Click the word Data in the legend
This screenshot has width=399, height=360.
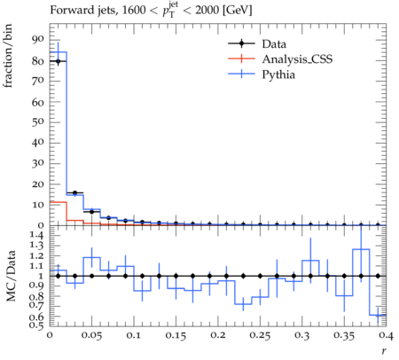pos(274,44)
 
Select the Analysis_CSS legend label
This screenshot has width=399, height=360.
pos(297,59)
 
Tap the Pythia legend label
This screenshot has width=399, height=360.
pos(278,74)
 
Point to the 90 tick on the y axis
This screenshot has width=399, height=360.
pos(38,40)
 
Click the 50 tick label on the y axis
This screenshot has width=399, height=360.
pos(38,122)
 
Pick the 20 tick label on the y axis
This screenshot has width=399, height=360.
pos(38,184)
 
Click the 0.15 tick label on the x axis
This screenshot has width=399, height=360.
pos(176,335)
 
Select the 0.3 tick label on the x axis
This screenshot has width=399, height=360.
pos(302,335)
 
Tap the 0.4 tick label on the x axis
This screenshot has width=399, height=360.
pos(387,335)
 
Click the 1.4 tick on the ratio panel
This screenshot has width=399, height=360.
pos(37,236)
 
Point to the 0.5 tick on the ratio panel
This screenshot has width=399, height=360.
pos(37,325)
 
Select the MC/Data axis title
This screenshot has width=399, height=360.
pos(11,276)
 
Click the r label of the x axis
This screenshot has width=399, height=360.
pos(384,351)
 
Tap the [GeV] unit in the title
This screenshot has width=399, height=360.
pos(237,11)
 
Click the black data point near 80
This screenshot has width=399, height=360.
pos(58,61)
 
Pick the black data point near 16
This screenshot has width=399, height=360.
pos(74,192)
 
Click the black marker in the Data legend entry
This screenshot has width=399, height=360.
pos(241,43)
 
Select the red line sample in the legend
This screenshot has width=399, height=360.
pos(241,59)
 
